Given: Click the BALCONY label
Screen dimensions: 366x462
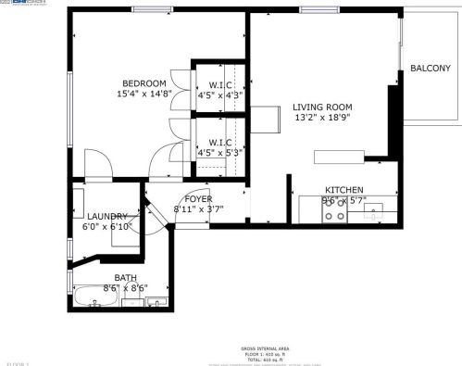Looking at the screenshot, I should [x=431, y=69].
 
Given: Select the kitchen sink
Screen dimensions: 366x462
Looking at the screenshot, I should [x=371, y=215].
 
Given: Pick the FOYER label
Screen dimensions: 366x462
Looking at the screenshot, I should [x=198, y=199].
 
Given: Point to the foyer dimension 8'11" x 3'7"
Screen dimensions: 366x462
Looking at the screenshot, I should [x=198, y=209].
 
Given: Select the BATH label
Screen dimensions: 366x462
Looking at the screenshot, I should [x=125, y=277].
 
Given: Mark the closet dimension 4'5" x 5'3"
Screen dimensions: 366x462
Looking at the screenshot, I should [x=219, y=154].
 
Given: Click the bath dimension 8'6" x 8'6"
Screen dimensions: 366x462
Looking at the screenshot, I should [x=125, y=287].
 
